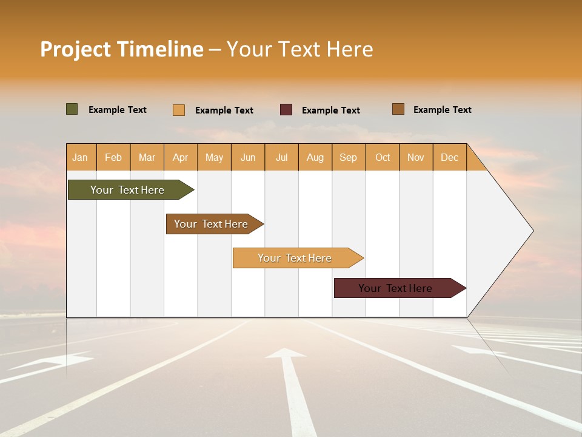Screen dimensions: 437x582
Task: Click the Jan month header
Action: coord(81,157)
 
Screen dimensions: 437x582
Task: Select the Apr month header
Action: coord(181,157)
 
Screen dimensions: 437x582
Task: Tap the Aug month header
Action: coord(315,157)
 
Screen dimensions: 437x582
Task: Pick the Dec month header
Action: coord(449,157)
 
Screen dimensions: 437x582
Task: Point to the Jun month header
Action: coord(248,157)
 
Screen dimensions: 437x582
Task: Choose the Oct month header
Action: coord(383,157)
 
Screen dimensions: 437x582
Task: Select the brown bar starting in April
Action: coord(212,224)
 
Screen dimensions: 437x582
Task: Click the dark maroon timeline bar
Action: coord(397,288)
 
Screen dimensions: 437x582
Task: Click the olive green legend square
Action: coord(72,109)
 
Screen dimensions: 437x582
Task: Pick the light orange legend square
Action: coord(179,110)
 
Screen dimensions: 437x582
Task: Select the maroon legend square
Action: coord(286,110)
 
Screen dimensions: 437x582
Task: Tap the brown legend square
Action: coord(398,109)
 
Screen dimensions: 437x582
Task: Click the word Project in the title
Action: coord(75,49)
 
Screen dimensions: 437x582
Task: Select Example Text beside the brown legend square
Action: coord(442,110)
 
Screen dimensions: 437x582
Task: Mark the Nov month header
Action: coord(416,157)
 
